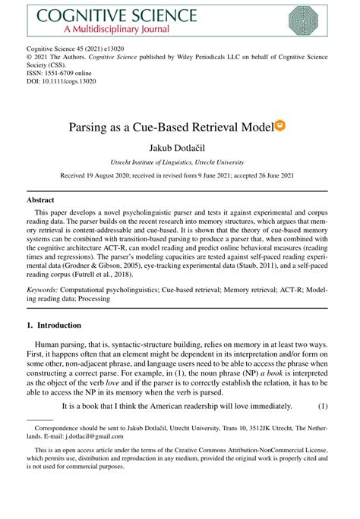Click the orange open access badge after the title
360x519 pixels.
[x=279, y=124]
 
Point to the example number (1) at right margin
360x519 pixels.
[x=323, y=406]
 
